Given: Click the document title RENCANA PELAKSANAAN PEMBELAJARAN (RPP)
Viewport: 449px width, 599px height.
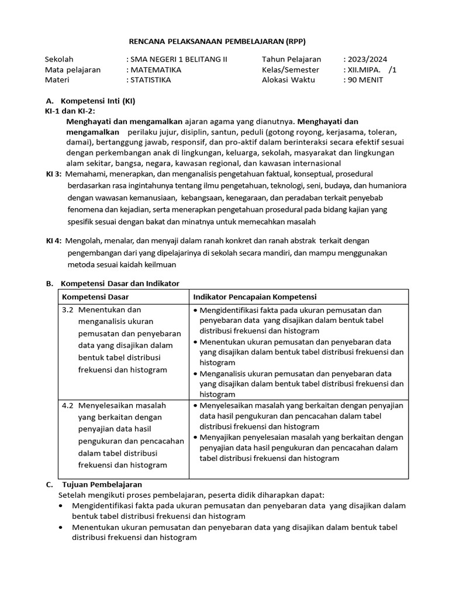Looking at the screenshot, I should click(217, 42).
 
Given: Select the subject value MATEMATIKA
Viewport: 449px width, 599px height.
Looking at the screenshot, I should click(156, 70).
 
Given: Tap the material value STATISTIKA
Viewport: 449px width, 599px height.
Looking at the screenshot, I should click(150, 80).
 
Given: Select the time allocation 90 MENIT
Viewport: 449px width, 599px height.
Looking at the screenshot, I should click(365, 80).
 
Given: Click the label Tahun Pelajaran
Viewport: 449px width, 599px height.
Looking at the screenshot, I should click(291, 59).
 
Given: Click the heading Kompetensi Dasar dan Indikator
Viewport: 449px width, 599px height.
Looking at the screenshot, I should click(119, 284).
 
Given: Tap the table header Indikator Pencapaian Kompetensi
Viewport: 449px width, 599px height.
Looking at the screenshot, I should click(254, 297).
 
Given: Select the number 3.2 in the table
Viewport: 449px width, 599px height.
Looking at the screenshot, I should click(68, 309).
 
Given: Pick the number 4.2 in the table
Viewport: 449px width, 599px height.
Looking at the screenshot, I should click(68, 405).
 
